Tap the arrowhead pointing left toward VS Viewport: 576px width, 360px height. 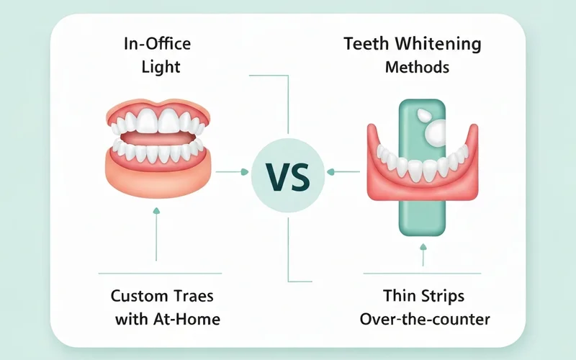pyautogui.click(x=330, y=171)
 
